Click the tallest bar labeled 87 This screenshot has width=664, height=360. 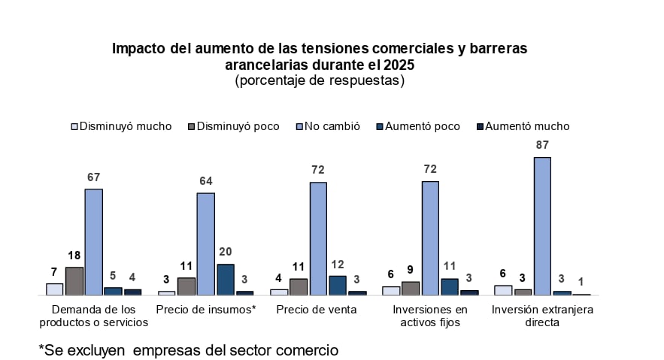pos(542,225)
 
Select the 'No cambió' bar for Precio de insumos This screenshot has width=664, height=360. pos(206,244)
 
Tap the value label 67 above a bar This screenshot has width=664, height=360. pos(93,177)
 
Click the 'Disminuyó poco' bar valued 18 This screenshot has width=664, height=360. pos(74,281)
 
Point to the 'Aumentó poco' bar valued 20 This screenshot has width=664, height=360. pos(226,280)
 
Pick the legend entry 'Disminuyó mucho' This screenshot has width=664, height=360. pos(120,126)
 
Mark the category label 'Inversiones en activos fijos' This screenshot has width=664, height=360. pos(430,316)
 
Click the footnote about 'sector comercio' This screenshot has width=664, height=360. pos(188,349)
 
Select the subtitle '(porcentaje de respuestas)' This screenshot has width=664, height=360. pos(320,80)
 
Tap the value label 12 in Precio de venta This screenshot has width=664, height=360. pos(337,265)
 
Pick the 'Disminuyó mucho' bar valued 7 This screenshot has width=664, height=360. pos(54,289)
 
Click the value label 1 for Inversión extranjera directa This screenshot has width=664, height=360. pos(581,281)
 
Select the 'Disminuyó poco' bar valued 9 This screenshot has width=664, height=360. pos(411,289)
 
